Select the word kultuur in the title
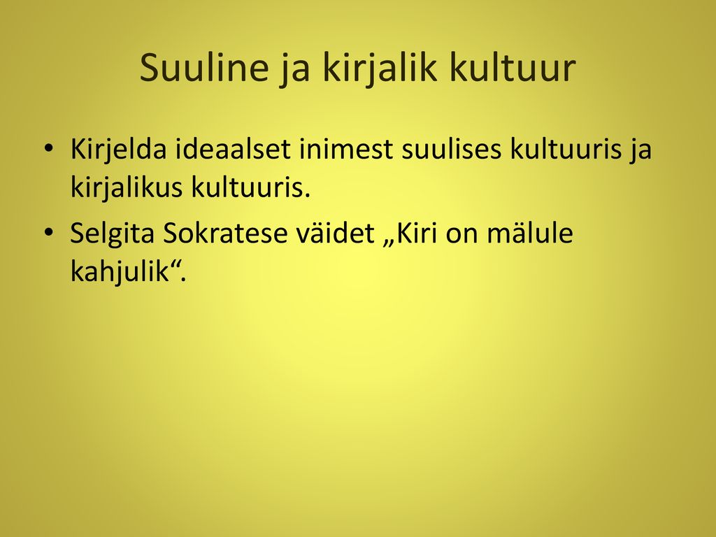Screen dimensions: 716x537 (x=513, y=67)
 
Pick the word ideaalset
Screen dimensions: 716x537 (x=234, y=149)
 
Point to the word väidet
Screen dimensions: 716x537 (x=336, y=234)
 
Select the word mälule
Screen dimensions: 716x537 (x=530, y=234)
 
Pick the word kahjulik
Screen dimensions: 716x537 (x=120, y=273)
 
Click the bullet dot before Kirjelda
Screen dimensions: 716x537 (x=48, y=148)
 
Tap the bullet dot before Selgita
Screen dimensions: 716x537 (x=48, y=233)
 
